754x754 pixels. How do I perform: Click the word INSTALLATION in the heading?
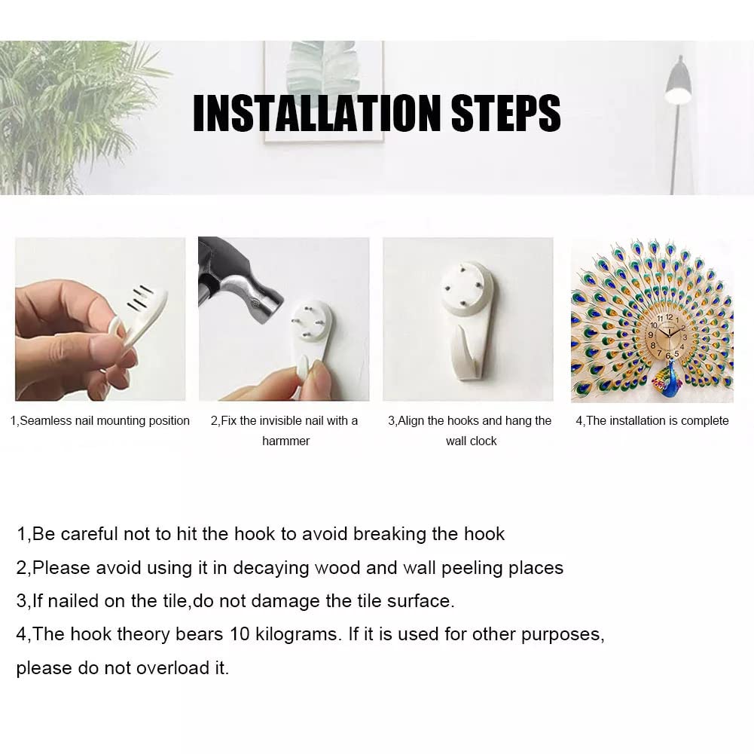click(317, 113)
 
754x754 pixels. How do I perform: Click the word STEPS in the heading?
click(506, 113)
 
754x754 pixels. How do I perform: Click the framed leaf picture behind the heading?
click(324, 91)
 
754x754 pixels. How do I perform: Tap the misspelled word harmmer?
click(285, 441)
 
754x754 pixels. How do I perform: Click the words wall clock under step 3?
click(471, 441)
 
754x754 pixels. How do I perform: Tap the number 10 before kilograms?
click(240, 634)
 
